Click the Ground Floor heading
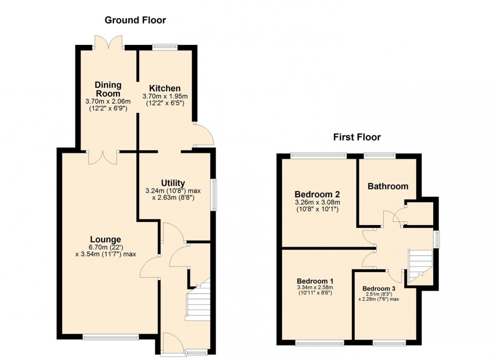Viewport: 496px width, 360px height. coord(135,20)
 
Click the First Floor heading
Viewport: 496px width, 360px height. coord(357,137)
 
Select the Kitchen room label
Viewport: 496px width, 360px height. coord(161,88)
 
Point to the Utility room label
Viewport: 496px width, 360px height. coord(173,183)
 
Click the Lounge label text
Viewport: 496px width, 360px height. coord(105,239)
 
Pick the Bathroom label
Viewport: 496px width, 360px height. coord(388,186)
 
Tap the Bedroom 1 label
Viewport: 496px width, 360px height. coord(315,281)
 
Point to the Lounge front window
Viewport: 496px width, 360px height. coord(111,337)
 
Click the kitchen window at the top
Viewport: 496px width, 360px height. coord(165,47)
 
